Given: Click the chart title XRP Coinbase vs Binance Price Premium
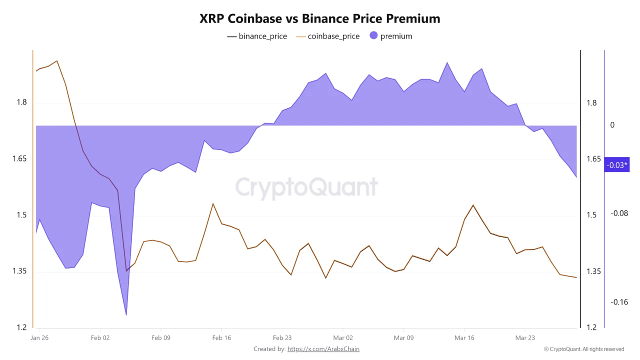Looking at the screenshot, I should [320, 18].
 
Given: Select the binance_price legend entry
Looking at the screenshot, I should [257, 36].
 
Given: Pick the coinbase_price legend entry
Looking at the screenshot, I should [328, 36].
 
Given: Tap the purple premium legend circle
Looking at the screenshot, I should [373, 35].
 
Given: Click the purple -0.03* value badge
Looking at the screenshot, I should [616, 165].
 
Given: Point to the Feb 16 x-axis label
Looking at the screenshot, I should [221, 338].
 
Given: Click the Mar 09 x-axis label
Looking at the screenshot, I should [403, 338].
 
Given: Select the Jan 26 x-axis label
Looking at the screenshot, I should [39, 338].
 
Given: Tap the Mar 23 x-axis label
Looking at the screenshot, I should [525, 338].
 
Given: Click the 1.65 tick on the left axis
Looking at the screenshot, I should [20, 159].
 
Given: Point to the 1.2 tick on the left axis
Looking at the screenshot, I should [22, 327].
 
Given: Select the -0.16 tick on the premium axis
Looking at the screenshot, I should [619, 302].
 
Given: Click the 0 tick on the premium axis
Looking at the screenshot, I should [612, 125].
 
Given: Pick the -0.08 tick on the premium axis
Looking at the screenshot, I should [619, 213].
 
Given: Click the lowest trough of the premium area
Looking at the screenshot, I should [126, 315].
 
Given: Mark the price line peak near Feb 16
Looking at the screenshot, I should [213, 203].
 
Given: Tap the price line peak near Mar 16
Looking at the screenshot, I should [473, 205].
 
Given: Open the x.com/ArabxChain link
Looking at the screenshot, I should [323, 349].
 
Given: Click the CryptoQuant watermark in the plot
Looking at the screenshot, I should [306, 187].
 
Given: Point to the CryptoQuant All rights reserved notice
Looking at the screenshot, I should [584, 349].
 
